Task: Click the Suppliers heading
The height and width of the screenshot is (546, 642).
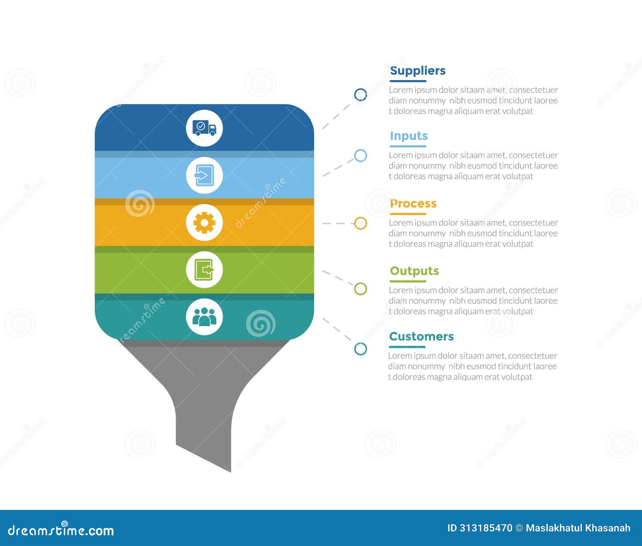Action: pos(417,71)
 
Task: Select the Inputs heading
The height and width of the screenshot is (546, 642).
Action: pos(408,136)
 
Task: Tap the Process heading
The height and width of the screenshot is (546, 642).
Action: pos(413,203)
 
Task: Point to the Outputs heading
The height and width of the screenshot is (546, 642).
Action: pos(414,271)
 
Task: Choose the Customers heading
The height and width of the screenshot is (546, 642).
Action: pos(421,336)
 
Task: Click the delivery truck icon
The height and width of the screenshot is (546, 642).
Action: pos(204,128)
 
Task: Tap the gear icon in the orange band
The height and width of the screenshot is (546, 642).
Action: pos(204,223)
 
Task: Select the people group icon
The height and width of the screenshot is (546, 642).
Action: pos(204,317)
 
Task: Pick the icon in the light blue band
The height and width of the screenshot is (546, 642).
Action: pos(204,175)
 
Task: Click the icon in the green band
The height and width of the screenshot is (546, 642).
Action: pos(204,270)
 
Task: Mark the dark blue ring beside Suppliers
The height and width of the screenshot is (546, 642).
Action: pos(360,95)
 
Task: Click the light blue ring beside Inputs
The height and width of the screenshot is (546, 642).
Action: pos(360,156)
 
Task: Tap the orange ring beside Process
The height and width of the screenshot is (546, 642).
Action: pos(360,223)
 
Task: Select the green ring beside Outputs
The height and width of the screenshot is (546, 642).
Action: pos(360,289)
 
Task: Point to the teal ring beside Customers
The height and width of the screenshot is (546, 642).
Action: pos(360,349)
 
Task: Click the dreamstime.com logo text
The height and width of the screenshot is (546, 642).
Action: pos(61,530)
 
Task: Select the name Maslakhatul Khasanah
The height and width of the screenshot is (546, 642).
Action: pos(578,528)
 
